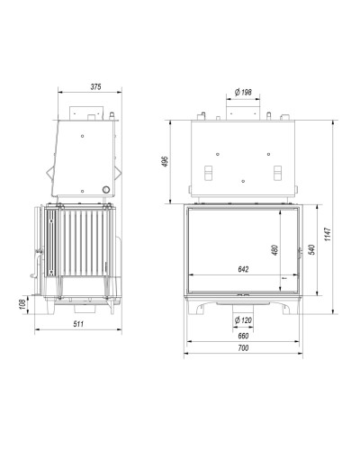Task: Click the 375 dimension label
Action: (x=95, y=87)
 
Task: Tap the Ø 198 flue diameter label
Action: (x=243, y=92)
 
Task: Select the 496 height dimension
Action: (x=166, y=162)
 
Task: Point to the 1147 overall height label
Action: (x=328, y=234)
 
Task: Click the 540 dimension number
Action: (x=312, y=249)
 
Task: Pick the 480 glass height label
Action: (x=275, y=250)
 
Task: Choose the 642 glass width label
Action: (x=243, y=269)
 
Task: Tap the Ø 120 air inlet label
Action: (x=243, y=320)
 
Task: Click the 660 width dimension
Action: (x=243, y=336)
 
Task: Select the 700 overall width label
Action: (x=243, y=348)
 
